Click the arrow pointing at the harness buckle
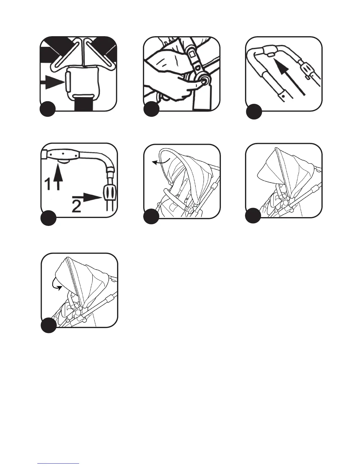point(51,83)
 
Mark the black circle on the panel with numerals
point(48,218)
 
